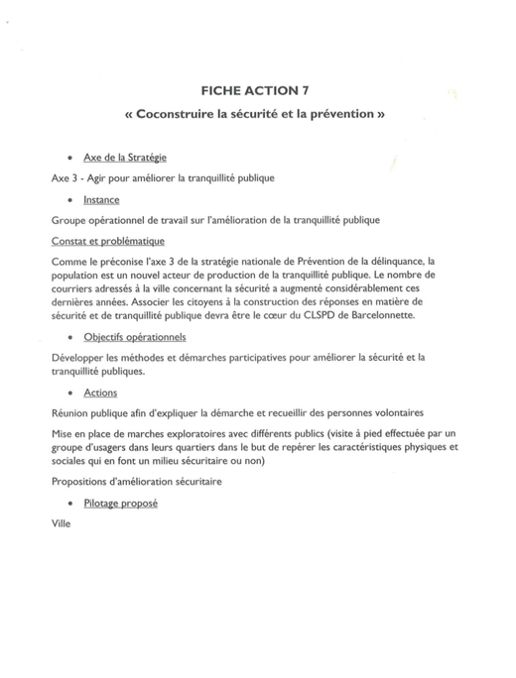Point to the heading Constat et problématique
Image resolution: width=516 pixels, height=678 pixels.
pyautogui.click(x=107, y=240)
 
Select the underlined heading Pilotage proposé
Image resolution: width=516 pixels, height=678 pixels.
pyautogui.click(x=120, y=503)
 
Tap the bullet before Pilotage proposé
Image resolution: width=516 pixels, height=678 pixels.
pyautogui.click(x=68, y=504)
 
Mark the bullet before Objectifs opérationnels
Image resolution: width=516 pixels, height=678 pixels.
pyautogui.click(x=68, y=338)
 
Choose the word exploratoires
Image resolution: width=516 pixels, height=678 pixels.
pyautogui.click(x=199, y=432)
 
